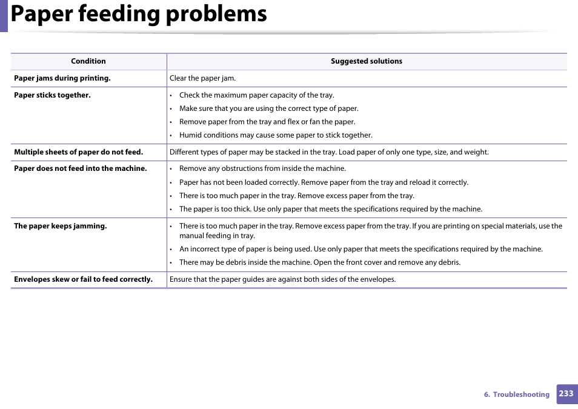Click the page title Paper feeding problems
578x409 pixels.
pyautogui.click(x=139, y=14)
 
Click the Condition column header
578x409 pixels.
pyautogui.click(x=88, y=61)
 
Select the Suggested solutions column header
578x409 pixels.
pyautogui.click(x=366, y=61)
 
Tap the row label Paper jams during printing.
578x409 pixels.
pyautogui.click(x=62, y=78)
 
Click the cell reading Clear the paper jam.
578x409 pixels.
pyautogui.click(x=202, y=78)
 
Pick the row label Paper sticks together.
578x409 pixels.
pyautogui.click(x=52, y=95)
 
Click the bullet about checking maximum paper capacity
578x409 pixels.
pyautogui.click(x=256, y=95)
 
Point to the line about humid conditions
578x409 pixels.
pyautogui.click(x=276, y=135)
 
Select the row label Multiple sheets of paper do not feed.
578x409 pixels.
pyautogui.click(x=78, y=152)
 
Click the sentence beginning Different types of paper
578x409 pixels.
pyautogui.click(x=329, y=152)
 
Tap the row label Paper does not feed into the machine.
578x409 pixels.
pyautogui.click(x=81, y=168)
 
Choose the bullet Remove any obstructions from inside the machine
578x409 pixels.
pyautogui.click(x=262, y=168)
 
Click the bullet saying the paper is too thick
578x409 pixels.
pyautogui.click(x=331, y=209)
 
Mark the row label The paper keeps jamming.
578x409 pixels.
pyautogui.click(x=61, y=226)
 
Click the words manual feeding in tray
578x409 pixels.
pyautogui.click(x=217, y=236)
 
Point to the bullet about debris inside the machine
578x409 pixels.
pyautogui.click(x=320, y=262)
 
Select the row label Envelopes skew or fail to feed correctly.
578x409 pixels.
pyautogui.click(x=83, y=279)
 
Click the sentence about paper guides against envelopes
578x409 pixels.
pyautogui.click(x=282, y=279)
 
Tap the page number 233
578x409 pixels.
pyautogui.click(x=566, y=394)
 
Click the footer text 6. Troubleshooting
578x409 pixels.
pyautogui.click(x=516, y=394)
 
